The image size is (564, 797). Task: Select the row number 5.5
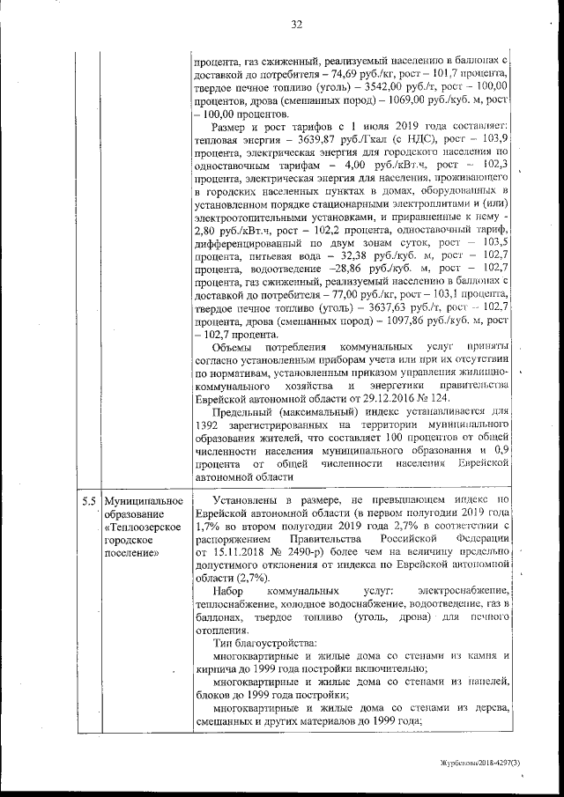[x=88, y=501]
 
